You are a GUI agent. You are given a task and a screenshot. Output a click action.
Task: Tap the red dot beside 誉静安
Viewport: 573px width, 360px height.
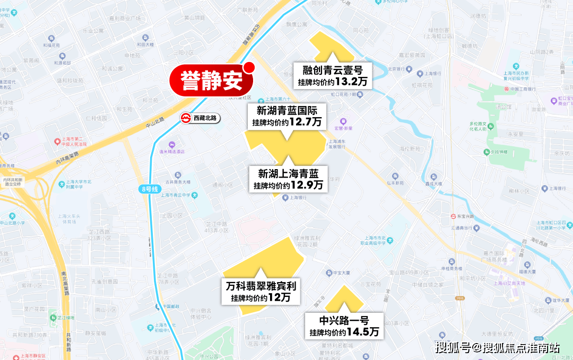point(249,68)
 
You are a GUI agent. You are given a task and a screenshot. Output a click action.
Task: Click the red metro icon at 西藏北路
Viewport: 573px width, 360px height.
point(186,118)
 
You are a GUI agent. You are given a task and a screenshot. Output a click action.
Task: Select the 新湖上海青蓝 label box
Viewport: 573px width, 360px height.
point(288,179)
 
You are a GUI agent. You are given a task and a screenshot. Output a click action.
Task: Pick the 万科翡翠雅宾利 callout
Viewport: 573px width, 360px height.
point(261,292)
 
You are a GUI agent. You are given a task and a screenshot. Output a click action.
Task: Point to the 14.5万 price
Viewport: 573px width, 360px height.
point(363,332)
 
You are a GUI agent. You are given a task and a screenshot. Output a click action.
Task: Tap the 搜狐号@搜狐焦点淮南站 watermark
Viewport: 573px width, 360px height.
point(497,348)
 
